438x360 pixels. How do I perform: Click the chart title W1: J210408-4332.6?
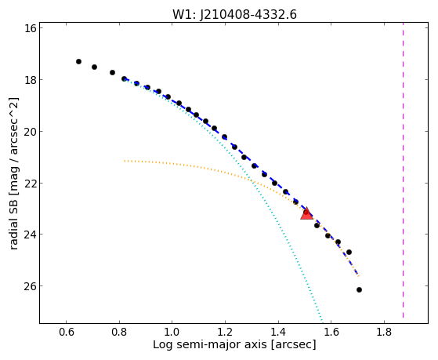(x=234, y=14)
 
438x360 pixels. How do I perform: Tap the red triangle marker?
(x=306, y=213)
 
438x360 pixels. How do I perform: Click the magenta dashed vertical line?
(x=403, y=170)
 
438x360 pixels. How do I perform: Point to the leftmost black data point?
(x=78, y=61)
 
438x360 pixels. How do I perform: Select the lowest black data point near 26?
(x=359, y=289)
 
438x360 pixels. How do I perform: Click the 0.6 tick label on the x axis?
(x=66, y=332)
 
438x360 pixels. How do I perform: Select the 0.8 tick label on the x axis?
(x=119, y=332)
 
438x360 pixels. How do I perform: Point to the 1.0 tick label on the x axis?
(x=172, y=332)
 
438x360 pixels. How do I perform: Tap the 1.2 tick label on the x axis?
(x=225, y=332)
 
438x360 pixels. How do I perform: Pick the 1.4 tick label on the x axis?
(x=278, y=332)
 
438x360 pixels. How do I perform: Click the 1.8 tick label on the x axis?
(x=384, y=332)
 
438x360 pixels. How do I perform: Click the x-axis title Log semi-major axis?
(x=209, y=345)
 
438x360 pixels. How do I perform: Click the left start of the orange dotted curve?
(x=125, y=161)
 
